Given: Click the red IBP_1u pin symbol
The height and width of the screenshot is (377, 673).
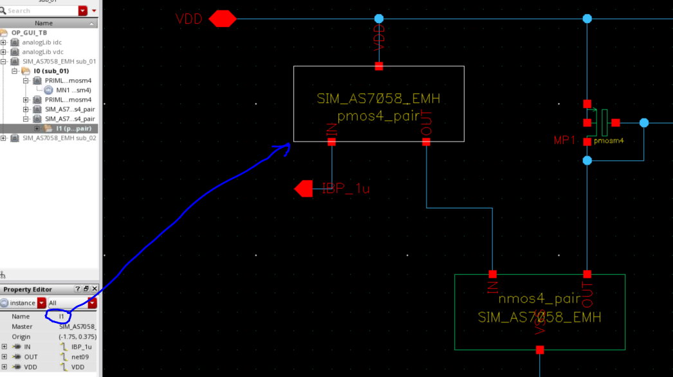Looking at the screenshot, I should pos(303,188).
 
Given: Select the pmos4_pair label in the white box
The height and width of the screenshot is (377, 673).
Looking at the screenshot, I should pos(378,116).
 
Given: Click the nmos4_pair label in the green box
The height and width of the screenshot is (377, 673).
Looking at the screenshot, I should pos(539,299).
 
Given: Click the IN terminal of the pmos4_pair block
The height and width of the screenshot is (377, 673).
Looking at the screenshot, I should pos(332,142).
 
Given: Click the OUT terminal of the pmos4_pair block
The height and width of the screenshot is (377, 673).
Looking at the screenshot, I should pos(426,142).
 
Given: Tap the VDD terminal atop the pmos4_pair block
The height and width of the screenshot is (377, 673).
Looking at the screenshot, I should pos(379,66).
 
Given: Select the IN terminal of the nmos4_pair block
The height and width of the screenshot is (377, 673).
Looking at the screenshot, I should pos(493,274).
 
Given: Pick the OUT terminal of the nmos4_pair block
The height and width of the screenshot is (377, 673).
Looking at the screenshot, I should pos(587,274).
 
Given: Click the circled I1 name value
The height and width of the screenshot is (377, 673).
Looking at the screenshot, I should pos(62,317).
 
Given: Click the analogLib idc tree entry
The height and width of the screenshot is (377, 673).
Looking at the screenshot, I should pos(42,42).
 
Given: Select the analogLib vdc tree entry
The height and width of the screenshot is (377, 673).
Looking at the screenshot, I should pos(43,51).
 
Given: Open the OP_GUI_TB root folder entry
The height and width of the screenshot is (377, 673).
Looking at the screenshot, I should pos(29,32).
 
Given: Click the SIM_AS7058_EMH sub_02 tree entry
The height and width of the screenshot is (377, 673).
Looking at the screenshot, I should pos(59,138).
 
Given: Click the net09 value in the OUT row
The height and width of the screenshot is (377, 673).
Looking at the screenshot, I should pos(80,356).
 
